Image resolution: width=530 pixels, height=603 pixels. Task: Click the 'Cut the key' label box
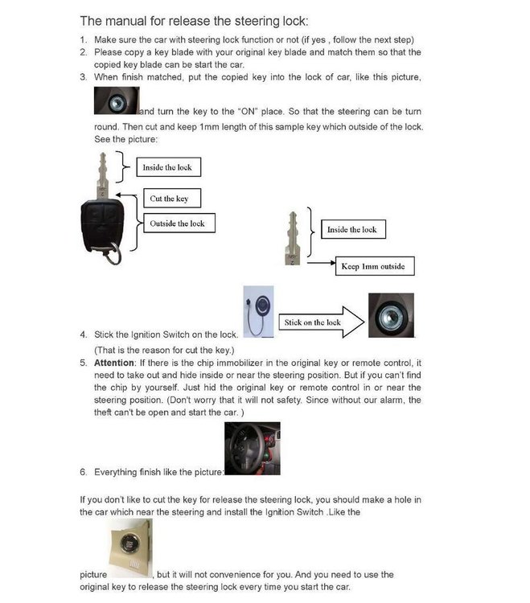(x=172, y=198)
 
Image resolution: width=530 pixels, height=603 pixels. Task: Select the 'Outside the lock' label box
(x=179, y=223)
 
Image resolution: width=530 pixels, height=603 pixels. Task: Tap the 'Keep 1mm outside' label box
(x=375, y=266)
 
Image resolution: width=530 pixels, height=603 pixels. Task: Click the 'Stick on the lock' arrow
(x=322, y=322)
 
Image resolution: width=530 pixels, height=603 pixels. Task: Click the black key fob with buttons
(x=102, y=224)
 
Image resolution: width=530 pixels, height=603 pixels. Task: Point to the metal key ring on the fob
(x=113, y=254)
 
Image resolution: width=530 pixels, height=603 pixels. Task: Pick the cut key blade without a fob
(x=293, y=239)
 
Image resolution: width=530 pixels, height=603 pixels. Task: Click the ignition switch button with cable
(x=258, y=311)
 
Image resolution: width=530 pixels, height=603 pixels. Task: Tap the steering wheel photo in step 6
(x=253, y=449)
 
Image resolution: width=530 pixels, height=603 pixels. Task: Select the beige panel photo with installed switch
(x=131, y=548)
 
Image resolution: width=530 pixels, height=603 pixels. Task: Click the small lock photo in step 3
(x=117, y=100)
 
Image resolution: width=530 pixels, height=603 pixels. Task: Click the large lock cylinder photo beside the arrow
(x=391, y=315)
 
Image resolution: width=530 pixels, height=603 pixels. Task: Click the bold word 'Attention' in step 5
(x=114, y=363)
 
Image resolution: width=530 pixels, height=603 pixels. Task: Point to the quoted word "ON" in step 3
(x=248, y=112)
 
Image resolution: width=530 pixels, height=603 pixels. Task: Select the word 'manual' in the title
(x=125, y=21)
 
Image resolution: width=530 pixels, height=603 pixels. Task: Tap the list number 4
(x=84, y=334)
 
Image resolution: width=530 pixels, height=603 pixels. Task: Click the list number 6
(x=84, y=472)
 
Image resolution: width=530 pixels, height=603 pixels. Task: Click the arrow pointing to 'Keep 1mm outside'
(x=321, y=263)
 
